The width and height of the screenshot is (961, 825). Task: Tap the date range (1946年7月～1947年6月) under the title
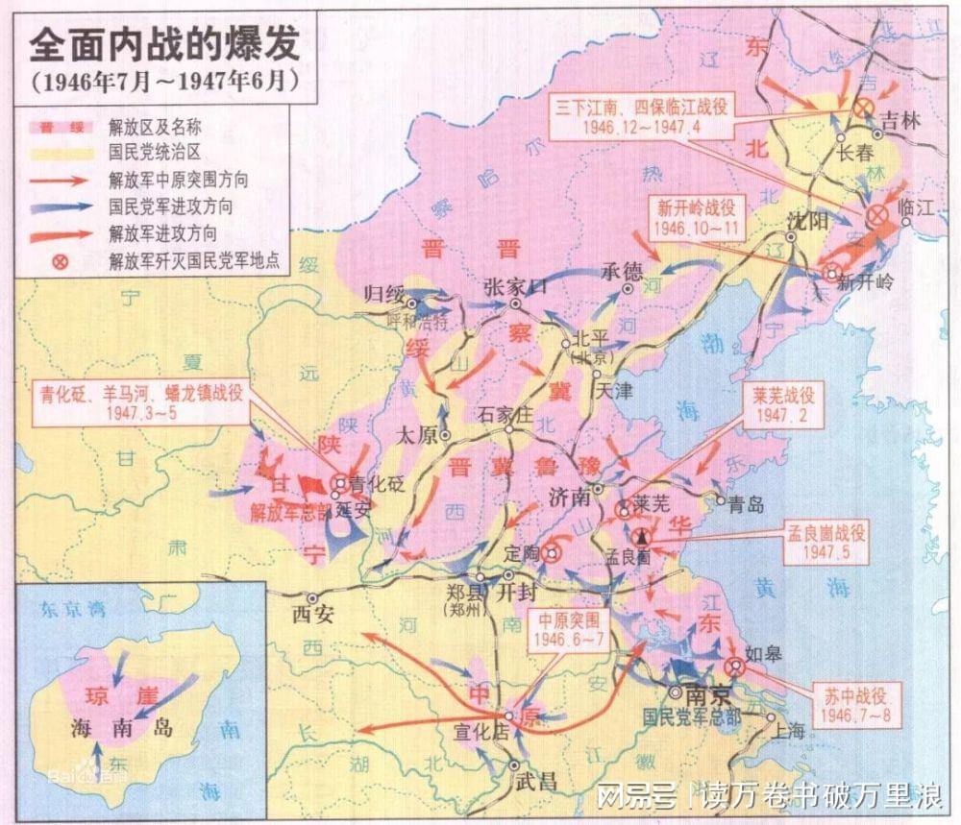coord(160,81)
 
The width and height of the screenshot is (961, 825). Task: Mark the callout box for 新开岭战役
coord(698,218)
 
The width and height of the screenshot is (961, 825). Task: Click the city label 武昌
coord(534,781)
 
